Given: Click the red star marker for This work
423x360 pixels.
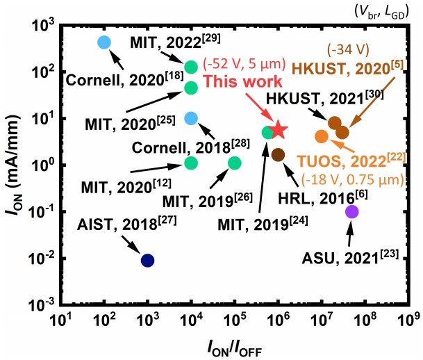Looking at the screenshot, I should [279, 129].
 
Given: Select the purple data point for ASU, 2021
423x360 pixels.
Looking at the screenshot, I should [351, 211].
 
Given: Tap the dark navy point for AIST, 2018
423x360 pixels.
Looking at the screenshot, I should [147, 261].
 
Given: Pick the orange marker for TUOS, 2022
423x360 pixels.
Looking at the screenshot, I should [321, 136].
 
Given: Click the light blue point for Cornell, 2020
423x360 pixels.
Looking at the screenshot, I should [104, 42].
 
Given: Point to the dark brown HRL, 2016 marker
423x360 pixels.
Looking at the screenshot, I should [278, 154].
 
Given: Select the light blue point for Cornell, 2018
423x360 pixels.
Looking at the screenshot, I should [191, 118].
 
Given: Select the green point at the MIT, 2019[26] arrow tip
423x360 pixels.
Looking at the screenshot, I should [234, 163].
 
